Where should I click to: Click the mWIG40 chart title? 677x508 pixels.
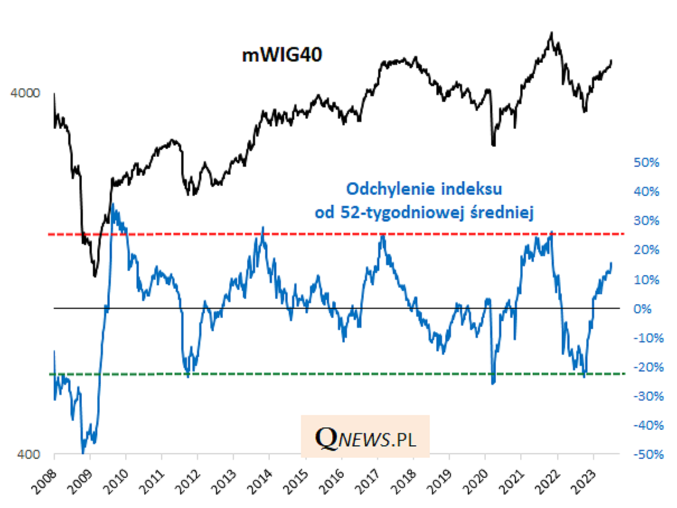(282, 55)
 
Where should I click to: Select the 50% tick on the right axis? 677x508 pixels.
(646, 163)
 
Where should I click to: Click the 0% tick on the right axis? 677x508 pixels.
(650, 309)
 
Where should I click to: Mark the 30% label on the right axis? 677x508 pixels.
(646, 221)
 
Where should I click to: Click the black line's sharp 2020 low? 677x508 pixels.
(493, 145)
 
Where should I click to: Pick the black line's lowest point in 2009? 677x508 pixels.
(95, 276)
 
